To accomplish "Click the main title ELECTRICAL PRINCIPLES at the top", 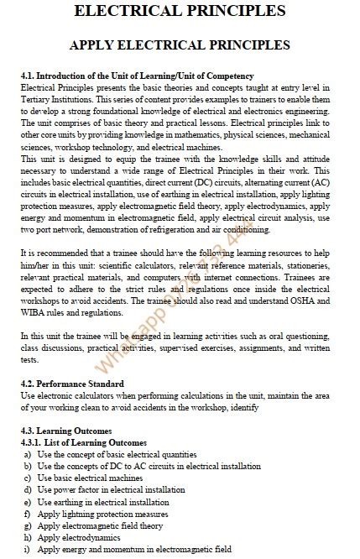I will point(180,11).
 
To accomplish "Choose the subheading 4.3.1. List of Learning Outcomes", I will point(83,442).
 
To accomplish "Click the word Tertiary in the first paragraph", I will point(39,99).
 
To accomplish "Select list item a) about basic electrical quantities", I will point(117,454).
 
